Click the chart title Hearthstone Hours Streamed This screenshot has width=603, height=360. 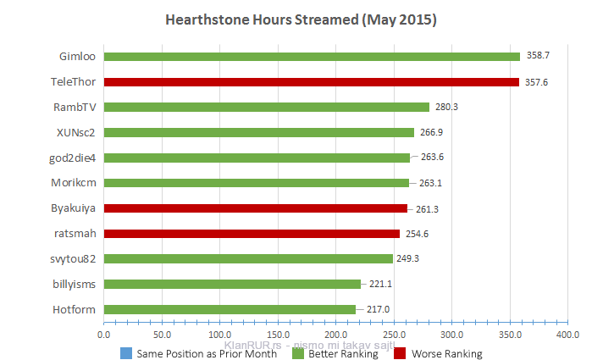pos(301,19)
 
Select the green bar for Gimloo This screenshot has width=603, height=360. pos(312,57)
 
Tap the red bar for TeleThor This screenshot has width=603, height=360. pos(311,82)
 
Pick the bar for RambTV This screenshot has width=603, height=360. pos(266,108)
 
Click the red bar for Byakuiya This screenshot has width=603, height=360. pos(255,208)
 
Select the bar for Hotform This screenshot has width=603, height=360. pos(230,309)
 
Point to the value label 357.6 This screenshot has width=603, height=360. pos(537,82)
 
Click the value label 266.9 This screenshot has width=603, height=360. pos(432,132)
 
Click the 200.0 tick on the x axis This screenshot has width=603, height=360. pos(335,335)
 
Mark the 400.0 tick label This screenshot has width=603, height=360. pos(567,335)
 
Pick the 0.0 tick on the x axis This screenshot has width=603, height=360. pos(103,335)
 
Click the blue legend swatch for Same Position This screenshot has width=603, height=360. pos(125,354)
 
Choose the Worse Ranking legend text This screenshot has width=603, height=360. pos(446,354)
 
